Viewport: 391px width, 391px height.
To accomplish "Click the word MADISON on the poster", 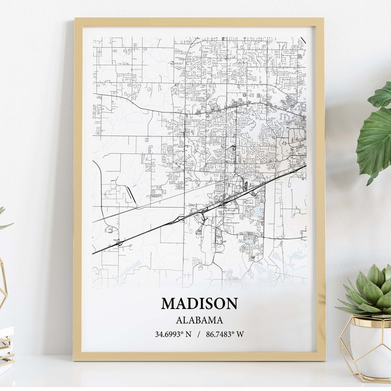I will [x=199, y=304].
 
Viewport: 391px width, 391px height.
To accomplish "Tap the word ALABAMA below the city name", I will [x=199, y=320].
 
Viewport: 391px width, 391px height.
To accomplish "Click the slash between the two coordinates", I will [x=199, y=334].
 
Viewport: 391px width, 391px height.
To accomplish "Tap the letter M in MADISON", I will [x=167, y=304].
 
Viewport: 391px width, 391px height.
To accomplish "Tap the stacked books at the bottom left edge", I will [x=6, y=345].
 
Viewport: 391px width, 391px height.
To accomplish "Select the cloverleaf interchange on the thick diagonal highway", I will [x=119, y=242].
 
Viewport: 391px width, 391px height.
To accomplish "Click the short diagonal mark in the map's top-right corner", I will [x=303, y=40].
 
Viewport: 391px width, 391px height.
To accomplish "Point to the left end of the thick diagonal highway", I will [x=94, y=253].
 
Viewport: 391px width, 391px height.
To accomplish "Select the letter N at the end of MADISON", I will [x=231, y=304].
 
